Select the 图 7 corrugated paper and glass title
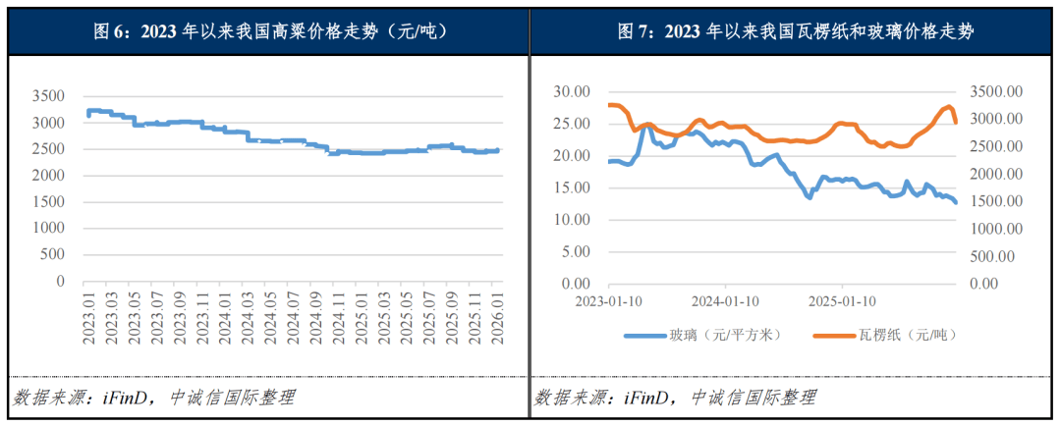pyautogui.click(x=795, y=31)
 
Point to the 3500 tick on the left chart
pyautogui.click(x=48, y=96)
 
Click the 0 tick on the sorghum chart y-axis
pyautogui.click(x=60, y=282)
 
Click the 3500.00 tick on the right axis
pyautogui.click(x=996, y=91)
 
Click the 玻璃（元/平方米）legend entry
pyautogui.click(x=703, y=335)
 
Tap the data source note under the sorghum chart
pyautogui.click(x=153, y=398)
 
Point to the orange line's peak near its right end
pyautogui.click(x=949, y=106)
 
